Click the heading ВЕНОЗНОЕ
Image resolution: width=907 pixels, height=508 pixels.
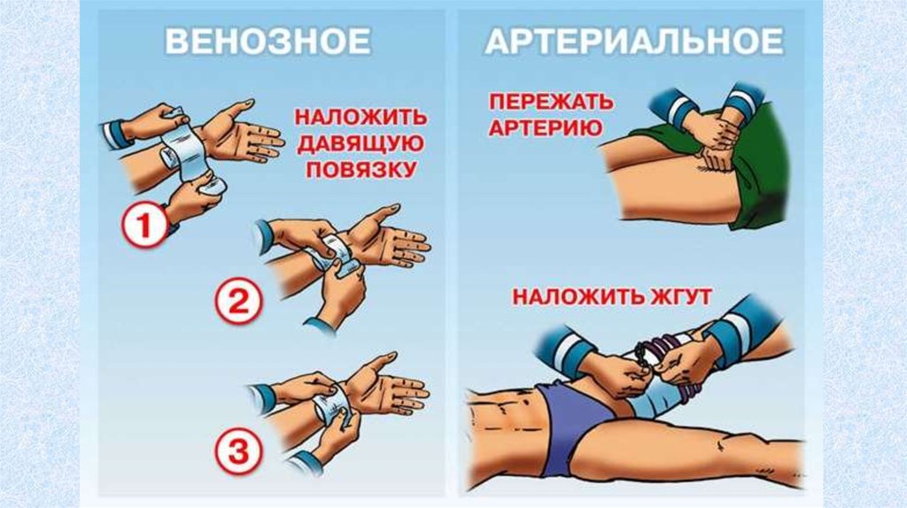coord(267,42)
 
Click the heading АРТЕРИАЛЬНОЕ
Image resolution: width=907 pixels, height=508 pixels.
coord(634,42)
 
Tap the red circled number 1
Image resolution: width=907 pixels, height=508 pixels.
coord(144,226)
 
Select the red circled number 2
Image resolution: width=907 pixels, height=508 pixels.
coord(239,302)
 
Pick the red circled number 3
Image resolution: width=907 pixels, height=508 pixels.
coord(239,450)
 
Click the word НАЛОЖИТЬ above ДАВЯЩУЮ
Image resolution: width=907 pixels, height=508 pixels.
coord(361,118)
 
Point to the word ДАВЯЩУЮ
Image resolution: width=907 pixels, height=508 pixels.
coord(361,142)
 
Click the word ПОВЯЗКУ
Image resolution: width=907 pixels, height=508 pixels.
coord(361,169)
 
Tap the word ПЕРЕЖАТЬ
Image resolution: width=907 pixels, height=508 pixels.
coord(551,102)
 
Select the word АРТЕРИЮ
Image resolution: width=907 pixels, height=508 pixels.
coord(546,127)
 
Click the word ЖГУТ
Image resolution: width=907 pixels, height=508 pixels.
coord(679,297)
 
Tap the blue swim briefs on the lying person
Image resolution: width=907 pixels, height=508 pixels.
coord(570,425)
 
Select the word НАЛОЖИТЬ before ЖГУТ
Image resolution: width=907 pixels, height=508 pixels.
coord(575,297)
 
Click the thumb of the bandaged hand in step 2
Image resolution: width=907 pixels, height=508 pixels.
coord(381,214)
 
